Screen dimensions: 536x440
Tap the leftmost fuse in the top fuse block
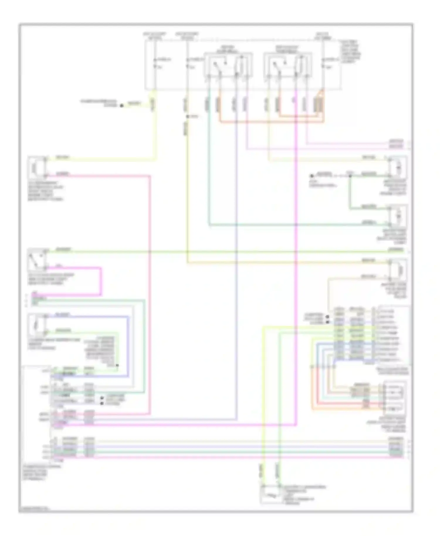click(x=155, y=63)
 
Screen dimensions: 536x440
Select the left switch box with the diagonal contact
click(x=37, y=260)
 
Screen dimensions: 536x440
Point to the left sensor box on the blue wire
click(x=37, y=325)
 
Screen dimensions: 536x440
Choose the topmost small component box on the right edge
click(x=397, y=167)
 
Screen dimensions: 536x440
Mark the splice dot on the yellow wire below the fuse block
click(x=187, y=117)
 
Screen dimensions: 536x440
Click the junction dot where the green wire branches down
click(x=350, y=176)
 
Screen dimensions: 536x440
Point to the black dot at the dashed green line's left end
click(x=312, y=176)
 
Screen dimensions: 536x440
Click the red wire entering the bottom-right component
click(x=346, y=403)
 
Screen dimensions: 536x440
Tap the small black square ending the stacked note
click(x=117, y=365)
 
